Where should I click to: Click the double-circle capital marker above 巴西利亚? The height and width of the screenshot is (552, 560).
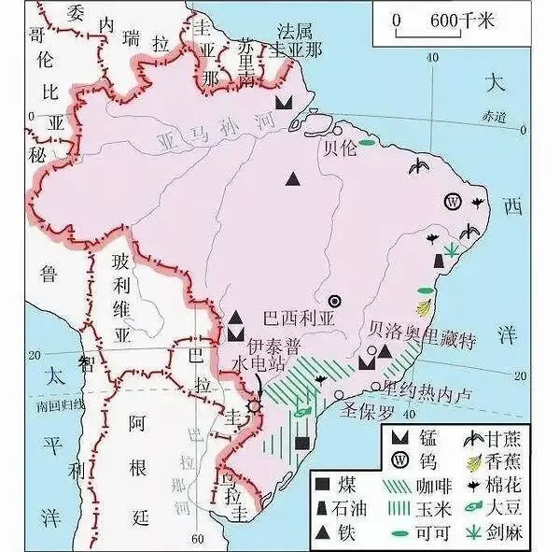pos(333,301)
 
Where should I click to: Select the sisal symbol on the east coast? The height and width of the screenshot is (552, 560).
pos(453,248)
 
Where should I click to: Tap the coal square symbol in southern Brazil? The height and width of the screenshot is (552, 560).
pos(301,443)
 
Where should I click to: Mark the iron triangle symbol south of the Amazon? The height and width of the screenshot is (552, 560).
pos(294,177)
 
